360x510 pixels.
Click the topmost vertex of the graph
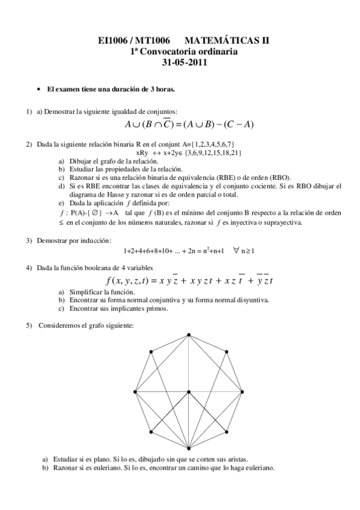pos(189,334)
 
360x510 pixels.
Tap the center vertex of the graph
pos(189,392)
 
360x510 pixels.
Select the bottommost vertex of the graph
pos(189,449)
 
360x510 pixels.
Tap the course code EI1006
pos(114,41)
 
